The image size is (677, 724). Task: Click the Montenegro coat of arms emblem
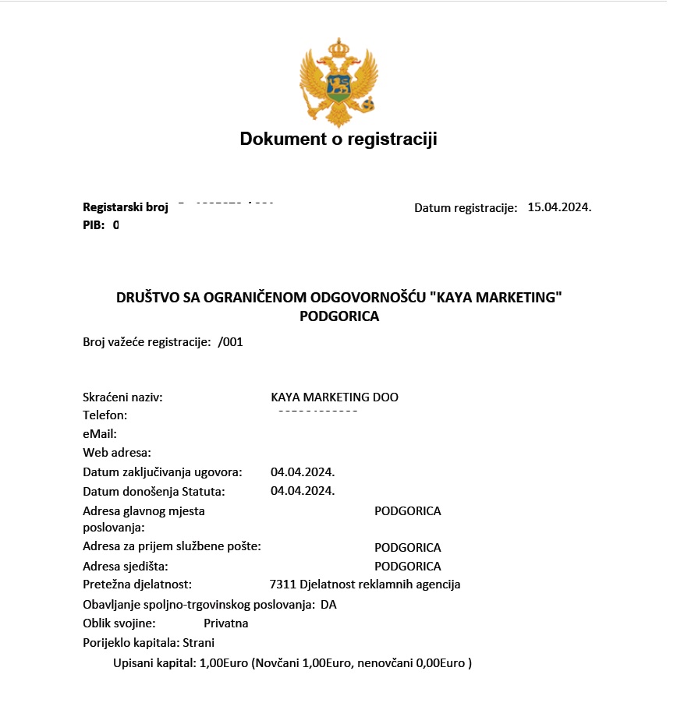pos(338,82)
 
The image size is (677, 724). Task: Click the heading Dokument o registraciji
pos(338,140)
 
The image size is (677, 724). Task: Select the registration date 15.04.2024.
pos(559,207)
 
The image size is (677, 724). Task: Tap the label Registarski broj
pos(126,207)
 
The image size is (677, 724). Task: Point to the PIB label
pos(94,225)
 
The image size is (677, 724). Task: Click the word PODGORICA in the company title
pos(338,317)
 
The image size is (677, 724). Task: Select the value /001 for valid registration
pos(231,341)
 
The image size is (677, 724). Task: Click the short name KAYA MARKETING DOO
pos(335,397)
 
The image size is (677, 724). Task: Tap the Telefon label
pos(105,415)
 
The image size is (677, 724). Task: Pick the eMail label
pos(100,434)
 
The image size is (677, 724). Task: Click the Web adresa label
pos(117,453)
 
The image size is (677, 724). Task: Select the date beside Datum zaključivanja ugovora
pos(303,472)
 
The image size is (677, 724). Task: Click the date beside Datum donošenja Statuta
pos(303,491)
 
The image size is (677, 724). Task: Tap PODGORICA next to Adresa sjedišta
pos(408,567)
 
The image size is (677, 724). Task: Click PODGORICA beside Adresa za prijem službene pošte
pos(408,548)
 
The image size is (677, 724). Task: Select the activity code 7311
pos(282,584)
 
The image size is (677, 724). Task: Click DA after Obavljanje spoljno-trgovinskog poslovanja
pos(328,605)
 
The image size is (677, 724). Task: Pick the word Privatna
pos(226,623)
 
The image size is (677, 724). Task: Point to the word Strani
pos(199,643)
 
